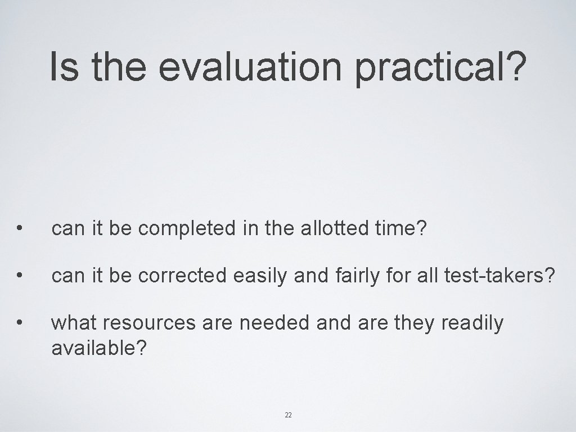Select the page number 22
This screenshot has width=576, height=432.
point(288,415)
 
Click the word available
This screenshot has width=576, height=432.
point(99,348)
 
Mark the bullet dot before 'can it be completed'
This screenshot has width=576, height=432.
point(20,228)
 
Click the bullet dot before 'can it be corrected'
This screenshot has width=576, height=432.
point(20,276)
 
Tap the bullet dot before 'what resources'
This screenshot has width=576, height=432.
point(20,323)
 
